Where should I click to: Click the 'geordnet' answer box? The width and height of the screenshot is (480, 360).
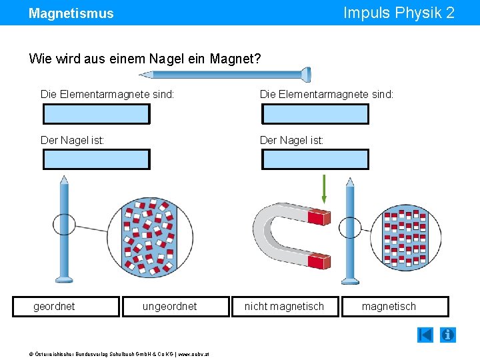[66, 307]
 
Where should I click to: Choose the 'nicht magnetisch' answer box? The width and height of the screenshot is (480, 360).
[285, 307]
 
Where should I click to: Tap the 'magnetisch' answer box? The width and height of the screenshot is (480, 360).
[395, 307]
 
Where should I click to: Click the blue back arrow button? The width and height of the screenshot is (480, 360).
[425, 335]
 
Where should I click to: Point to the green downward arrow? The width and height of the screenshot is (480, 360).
[324, 189]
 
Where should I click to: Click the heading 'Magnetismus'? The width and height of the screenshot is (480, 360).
[71, 13]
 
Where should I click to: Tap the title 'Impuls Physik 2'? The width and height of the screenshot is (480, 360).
[399, 13]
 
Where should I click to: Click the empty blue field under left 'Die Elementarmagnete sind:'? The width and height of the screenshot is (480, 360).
[97, 114]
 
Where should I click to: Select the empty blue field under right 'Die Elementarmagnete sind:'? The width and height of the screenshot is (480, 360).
[315, 114]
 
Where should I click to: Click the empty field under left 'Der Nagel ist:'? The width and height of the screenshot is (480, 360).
[97, 159]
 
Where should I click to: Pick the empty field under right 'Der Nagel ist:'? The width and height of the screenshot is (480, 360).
[315, 159]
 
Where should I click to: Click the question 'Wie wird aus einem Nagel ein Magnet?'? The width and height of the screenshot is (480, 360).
[145, 59]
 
